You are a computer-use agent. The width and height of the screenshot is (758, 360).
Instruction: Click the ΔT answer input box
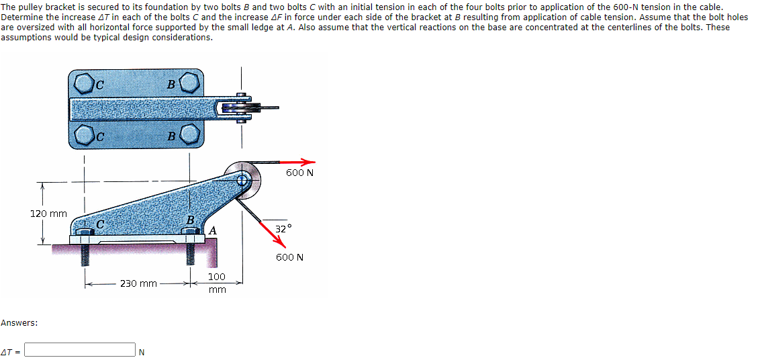tap(81, 350)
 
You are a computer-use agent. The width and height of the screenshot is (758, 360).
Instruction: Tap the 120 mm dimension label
tap(48, 214)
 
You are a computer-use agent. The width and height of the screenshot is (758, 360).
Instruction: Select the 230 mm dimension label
tap(138, 283)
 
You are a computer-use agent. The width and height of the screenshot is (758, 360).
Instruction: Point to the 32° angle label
tap(284, 229)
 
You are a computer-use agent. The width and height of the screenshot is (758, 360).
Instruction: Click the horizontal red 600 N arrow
tap(298, 162)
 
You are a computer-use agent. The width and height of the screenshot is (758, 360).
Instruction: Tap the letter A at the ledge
tap(212, 230)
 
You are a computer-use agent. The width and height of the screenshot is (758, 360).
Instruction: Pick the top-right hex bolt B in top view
tap(189, 83)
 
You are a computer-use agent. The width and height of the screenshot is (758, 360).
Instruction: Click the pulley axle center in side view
tap(242, 179)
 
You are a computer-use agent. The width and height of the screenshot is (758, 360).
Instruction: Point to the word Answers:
tap(19, 323)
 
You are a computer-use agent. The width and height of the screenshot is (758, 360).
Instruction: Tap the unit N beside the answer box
tap(141, 351)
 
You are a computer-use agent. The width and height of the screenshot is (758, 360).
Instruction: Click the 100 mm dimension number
tap(217, 276)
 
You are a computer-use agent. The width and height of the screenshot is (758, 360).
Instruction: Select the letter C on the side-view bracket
tap(100, 223)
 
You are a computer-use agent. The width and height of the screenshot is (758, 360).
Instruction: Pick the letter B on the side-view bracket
tap(190, 220)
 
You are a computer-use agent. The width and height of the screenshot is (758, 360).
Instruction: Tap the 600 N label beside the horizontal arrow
tap(299, 173)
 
